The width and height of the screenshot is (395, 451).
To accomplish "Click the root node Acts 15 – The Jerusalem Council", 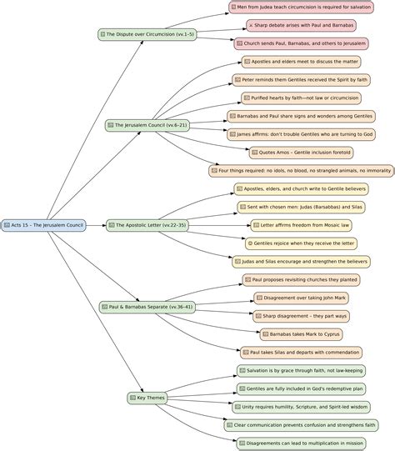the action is pyautogui.click(x=43, y=225).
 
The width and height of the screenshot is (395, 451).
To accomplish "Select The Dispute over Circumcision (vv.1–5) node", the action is pyautogui.click(x=147, y=34).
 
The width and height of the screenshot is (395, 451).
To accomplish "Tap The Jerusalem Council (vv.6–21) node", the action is pyautogui.click(x=147, y=125).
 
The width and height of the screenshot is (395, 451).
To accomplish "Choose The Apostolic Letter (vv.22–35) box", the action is pyautogui.click(x=147, y=225).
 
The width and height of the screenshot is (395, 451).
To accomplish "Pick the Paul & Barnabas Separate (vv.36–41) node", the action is pyautogui.click(x=147, y=307).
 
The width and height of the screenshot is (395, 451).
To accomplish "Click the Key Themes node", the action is pyautogui.click(x=147, y=398).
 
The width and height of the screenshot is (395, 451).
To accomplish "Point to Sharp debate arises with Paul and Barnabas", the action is pyautogui.click(x=302, y=25).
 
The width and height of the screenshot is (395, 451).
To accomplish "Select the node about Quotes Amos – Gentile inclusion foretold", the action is pyautogui.click(x=302, y=153).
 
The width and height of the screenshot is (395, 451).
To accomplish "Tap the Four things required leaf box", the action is pyautogui.click(x=302, y=171).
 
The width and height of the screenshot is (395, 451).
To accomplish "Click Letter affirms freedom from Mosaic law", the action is pyautogui.click(x=302, y=225).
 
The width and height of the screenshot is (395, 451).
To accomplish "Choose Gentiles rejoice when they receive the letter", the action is pyautogui.click(x=302, y=243).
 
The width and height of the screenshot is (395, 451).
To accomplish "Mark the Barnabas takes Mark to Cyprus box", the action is pyautogui.click(x=302, y=334).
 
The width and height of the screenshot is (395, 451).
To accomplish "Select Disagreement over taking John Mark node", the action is pyautogui.click(x=302, y=298).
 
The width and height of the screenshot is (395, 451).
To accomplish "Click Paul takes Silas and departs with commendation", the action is pyautogui.click(x=302, y=353).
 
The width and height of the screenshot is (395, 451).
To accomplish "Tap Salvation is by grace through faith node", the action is pyautogui.click(x=302, y=370).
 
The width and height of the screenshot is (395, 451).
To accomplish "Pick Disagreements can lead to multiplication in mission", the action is pyautogui.click(x=302, y=443).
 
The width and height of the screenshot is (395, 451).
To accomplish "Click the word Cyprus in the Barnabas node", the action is pyautogui.click(x=332, y=334).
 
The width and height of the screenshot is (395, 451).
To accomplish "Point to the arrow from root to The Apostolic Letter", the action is pyautogui.click(x=96, y=225).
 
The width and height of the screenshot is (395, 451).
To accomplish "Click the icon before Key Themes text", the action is pyautogui.click(x=132, y=398).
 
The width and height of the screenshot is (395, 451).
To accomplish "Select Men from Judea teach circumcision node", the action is pyautogui.click(x=302, y=7).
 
